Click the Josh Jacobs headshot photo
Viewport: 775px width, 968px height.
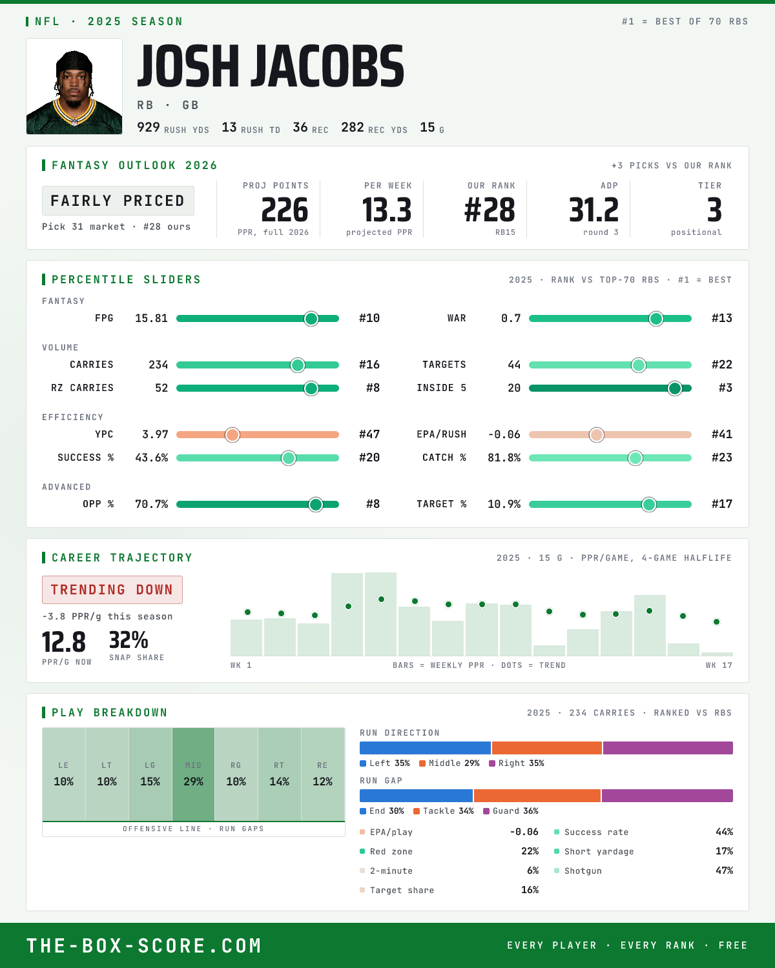click(74, 86)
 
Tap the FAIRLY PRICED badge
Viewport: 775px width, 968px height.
click(118, 201)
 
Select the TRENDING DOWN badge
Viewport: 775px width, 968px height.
click(112, 590)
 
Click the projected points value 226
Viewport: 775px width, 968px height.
click(285, 210)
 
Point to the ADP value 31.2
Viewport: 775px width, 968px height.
click(594, 210)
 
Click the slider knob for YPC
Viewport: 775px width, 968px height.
click(232, 434)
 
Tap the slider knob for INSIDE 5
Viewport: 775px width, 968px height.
click(675, 388)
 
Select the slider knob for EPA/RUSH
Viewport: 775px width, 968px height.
click(597, 434)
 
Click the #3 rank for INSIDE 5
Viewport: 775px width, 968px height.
click(725, 388)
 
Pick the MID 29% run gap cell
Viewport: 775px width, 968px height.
click(193, 774)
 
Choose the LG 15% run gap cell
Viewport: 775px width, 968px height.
click(150, 774)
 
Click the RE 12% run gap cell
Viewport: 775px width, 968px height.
click(323, 774)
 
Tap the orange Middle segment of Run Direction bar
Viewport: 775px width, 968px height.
click(546, 747)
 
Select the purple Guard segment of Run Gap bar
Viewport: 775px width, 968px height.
click(667, 795)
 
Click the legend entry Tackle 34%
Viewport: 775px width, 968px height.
click(444, 811)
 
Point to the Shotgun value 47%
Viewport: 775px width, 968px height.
click(724, 871)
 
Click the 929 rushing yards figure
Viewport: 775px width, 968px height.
click(148, 127)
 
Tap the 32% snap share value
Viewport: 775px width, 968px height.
click(129, 640)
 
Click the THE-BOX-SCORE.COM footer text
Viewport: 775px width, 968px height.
click(144, 945)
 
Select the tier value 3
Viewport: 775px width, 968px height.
click(714, 210)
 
